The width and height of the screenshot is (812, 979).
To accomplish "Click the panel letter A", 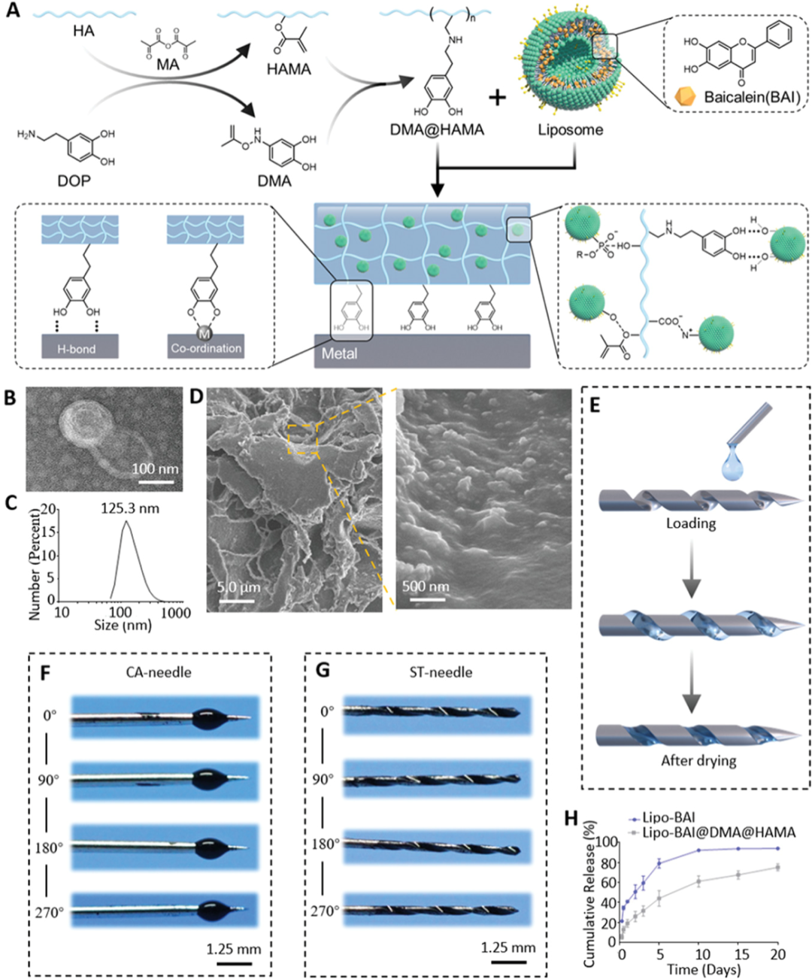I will [13, 13].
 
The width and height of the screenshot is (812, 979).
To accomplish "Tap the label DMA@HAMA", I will [436, 130].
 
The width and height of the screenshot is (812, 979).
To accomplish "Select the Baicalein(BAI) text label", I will [752, 97].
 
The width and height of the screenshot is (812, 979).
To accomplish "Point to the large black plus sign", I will [497, 97].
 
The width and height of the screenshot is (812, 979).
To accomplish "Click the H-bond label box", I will [77, 348].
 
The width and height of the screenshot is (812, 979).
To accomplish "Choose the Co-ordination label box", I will [206, 348].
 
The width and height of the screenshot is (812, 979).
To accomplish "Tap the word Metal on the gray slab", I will [339, 353].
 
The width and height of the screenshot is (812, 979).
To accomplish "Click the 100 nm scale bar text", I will [155, 469].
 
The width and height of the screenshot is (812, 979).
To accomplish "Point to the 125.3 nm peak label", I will [130, 508].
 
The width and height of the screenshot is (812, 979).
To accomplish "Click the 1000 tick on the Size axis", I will [176, 613].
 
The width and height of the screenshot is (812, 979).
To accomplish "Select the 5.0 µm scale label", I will [238, 586].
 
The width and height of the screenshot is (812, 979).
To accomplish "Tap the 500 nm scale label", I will [426, 586].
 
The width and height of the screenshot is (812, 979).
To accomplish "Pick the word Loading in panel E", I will [690, 523].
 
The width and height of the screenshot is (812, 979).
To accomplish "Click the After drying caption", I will [698, 760].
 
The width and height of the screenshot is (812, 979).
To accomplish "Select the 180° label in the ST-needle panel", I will [326, 844].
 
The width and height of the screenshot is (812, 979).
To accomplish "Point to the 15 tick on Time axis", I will [741, 954].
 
